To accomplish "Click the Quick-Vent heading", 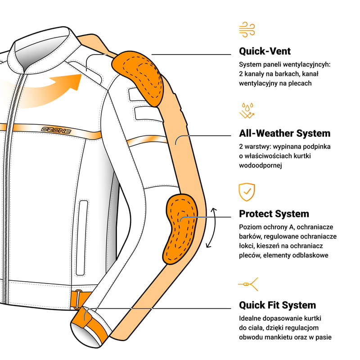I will pyautogui.click(x=265, y=51).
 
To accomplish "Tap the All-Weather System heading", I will pyautogui.click(x=284, y=133).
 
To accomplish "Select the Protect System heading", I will pyautogui.click(x=274, y=214).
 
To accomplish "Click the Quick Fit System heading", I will pyautogui.click(x=277, y=305).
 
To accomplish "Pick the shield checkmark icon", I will pyautogui.click(x=247, y=192).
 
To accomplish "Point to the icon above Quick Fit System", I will pyautogui.click(x=247, y=284).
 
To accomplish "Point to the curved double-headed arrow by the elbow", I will pyautogui.click(x=211, y=228).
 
